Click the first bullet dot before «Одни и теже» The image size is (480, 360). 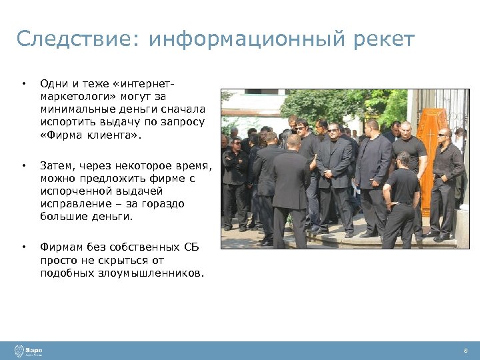click(23, 84)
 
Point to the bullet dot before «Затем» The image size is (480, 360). click(23, 165)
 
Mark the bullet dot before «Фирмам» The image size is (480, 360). click(23, 248)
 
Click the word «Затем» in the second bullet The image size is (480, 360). click(56, 165)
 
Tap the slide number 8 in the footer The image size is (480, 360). click(465, 351)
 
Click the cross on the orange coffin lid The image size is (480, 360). click(431, 132)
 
